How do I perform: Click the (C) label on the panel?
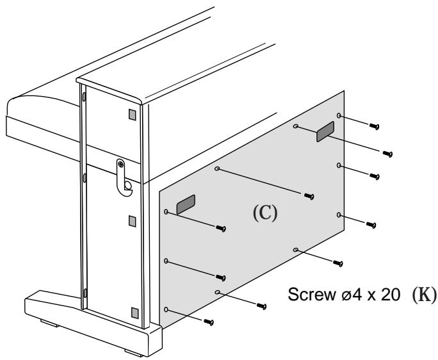click(266, 213)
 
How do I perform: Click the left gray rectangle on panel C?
click(186, 204)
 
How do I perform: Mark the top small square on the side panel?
click(132, 116)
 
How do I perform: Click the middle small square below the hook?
click(132, 221)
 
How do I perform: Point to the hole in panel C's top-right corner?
click(339, 117)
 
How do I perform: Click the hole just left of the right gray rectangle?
click(295, 127)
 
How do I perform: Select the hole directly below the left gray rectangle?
click(166, 261)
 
